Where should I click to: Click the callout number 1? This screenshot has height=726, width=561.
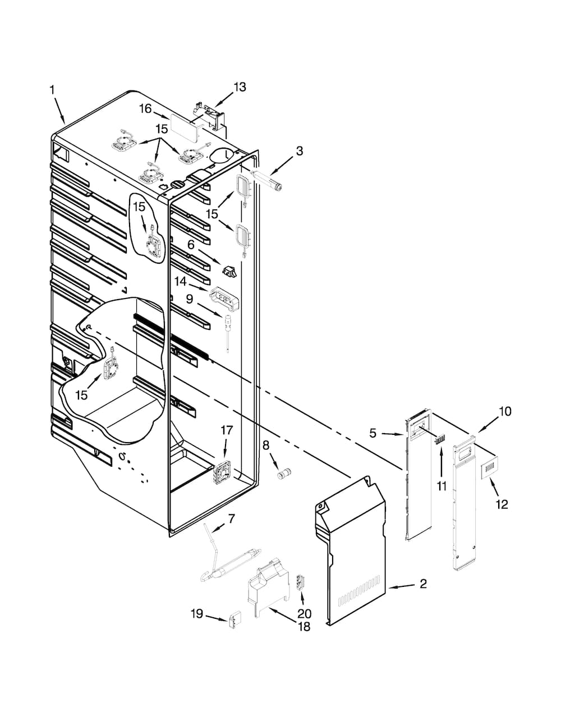(52, 90)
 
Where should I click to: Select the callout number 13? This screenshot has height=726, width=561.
(240, 87)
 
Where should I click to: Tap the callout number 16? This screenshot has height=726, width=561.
(145, 108)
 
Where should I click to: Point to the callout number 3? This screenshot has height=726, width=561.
(300, 151)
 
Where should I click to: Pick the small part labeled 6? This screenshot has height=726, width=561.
(229, 272)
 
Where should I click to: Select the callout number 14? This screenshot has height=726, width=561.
(180, 281)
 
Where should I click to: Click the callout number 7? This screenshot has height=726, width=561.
(231, 519)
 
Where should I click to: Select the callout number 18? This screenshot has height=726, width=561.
(304, 627)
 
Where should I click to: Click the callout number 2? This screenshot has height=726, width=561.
(422, 584)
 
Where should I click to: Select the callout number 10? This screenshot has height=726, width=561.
(505, 411)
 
